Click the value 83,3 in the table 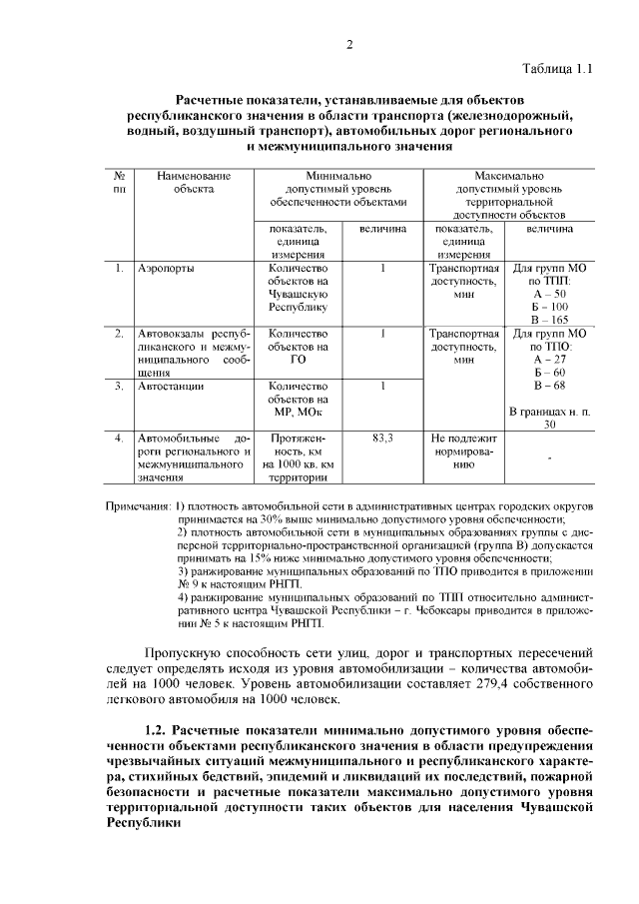click(382, 438)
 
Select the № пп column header click(120, 182)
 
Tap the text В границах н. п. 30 click(549, 418)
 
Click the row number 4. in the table click(119, 438)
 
